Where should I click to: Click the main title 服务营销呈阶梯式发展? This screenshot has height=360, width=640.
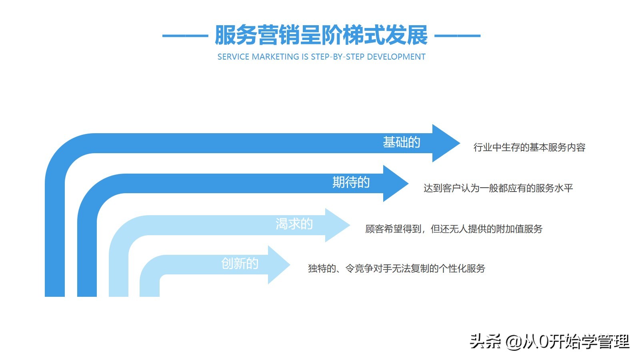[x=321, y=35]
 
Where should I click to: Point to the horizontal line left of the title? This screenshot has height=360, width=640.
[x=185, y=36]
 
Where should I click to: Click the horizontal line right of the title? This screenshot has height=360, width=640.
[x=457, y=36]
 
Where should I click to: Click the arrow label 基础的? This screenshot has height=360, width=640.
[x=402, y=142]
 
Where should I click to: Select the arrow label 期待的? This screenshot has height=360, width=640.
[x=351, y=182]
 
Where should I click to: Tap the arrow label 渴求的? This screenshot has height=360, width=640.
[x=294, y=224]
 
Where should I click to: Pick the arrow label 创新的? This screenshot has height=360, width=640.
[x=240, y=264]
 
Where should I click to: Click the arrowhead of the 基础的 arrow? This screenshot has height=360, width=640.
[x=446, y=143]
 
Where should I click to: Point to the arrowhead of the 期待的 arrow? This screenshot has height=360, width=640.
[x=396, y=183]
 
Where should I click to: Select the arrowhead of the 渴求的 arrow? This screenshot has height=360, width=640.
[x=338, y=225]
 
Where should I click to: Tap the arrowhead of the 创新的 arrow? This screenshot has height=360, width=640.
[x=279, y=265]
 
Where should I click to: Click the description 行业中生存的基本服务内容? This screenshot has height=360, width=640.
[x=529, y=148]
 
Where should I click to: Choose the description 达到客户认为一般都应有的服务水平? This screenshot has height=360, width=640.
[x=498, y=188]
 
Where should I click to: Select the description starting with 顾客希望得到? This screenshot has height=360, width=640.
[x=454, y=229]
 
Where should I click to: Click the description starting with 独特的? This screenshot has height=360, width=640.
[x=396, y=268]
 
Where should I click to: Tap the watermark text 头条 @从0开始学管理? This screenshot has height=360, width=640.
[x=550, y=342]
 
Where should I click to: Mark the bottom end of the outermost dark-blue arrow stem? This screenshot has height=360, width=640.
[x=55, y=296]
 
